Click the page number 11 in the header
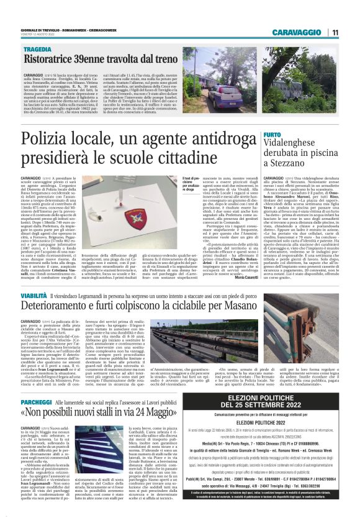click(x=335, y=32)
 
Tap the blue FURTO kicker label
click(x=272, y=135)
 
